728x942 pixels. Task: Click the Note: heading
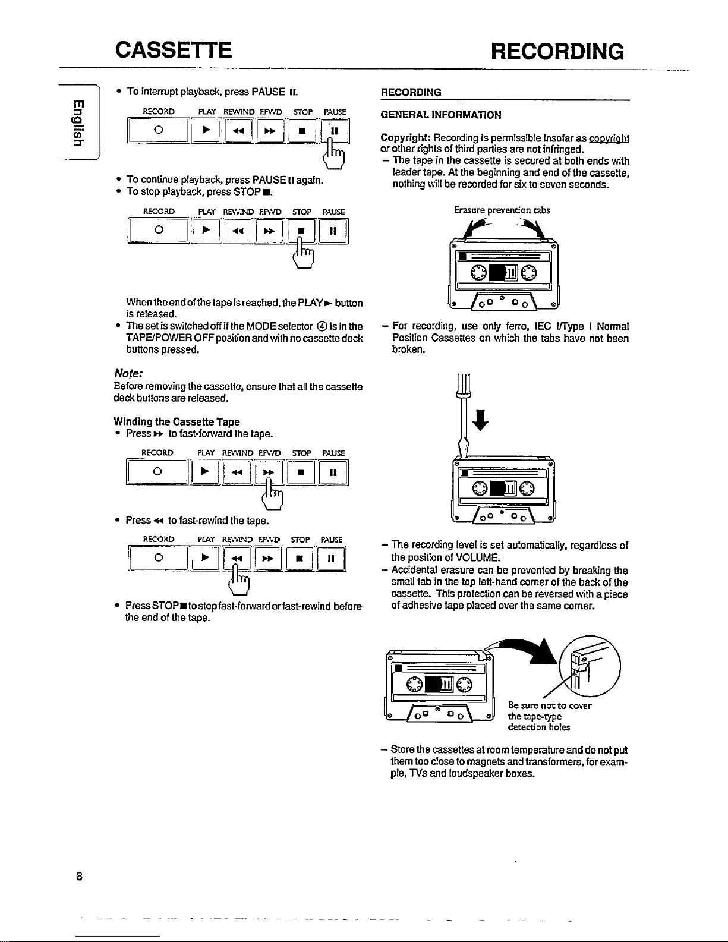tap(125, 375)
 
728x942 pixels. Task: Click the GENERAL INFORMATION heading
tap(440, 115)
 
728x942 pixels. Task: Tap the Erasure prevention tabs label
tap(502, 210)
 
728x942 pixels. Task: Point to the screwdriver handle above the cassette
tap(461, 386)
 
